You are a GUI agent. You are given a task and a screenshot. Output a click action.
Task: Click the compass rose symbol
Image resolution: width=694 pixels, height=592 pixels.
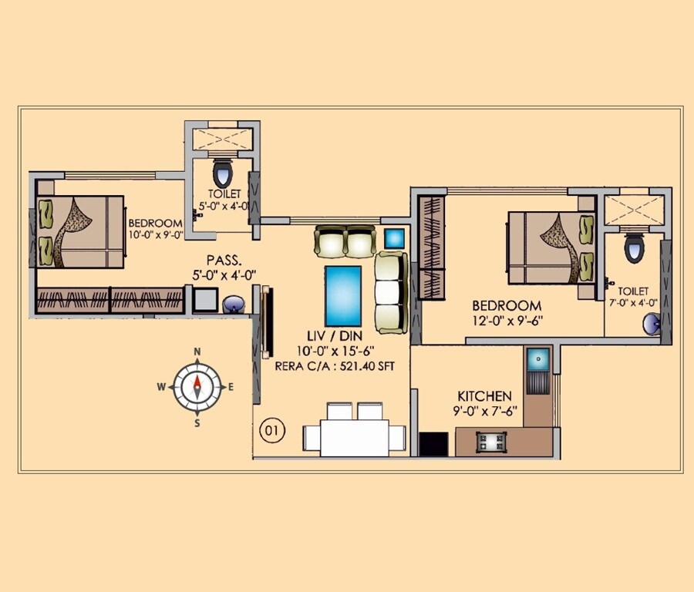[x=197, y=386]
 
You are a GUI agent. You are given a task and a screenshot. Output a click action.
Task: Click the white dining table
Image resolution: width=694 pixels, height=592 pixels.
[x=354, y=437]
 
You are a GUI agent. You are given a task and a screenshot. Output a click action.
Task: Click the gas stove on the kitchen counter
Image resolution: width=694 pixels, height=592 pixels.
[x=489, y=441]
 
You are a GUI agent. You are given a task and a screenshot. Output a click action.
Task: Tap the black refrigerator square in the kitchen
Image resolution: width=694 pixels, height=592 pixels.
[x=433, y=444]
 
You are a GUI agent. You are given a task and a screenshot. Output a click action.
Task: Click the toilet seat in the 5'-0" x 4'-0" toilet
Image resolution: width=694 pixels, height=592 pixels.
[x=222, y=170]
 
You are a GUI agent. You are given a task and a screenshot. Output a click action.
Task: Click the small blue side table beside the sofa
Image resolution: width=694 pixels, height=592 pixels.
[x=394, y=238]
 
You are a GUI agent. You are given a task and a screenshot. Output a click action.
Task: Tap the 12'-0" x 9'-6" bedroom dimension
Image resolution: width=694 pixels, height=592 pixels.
[x=507, y=321]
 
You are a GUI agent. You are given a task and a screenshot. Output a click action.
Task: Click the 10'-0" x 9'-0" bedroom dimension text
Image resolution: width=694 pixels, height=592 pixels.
[x=155, y=236]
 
